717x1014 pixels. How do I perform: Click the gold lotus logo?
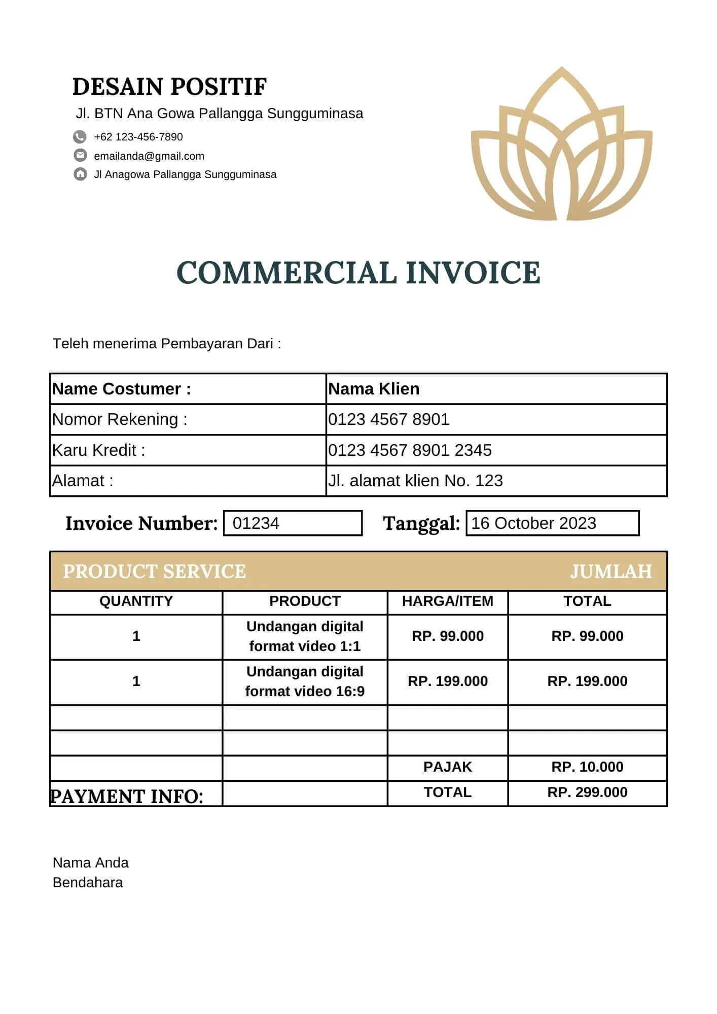pos(561,147)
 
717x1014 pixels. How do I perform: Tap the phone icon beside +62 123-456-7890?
pos(80,137)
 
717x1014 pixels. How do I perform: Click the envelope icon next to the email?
pos(80,156)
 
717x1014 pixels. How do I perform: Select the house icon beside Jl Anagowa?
pos(80,174)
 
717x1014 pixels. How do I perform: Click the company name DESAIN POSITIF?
pos(169,87)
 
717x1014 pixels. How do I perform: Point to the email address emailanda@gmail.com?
pos(149,156)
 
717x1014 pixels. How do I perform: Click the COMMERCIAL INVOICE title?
pos(358,272)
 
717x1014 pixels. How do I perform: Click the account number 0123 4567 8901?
pos(388,419)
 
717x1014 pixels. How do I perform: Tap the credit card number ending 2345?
pos(410,450)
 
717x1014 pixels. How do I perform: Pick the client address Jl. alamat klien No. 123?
pos(415,481)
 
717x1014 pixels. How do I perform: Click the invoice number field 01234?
pos(293,523)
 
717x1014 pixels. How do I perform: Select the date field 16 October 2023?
pos(552,523)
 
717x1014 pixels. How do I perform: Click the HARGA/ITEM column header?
pos(447,601)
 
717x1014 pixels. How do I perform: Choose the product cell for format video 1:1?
pos(305,636)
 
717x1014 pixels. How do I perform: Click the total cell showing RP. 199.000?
pos(587,681)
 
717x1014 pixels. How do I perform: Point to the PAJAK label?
pos(447,767)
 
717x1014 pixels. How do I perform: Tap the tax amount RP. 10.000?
pos(587,767)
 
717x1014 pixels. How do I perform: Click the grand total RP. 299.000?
pos(587,792)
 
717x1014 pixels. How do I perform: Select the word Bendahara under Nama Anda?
pos(88,883)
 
